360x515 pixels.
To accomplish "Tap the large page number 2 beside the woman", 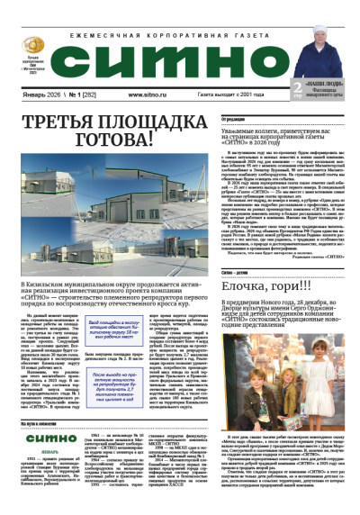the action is (298, 86).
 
